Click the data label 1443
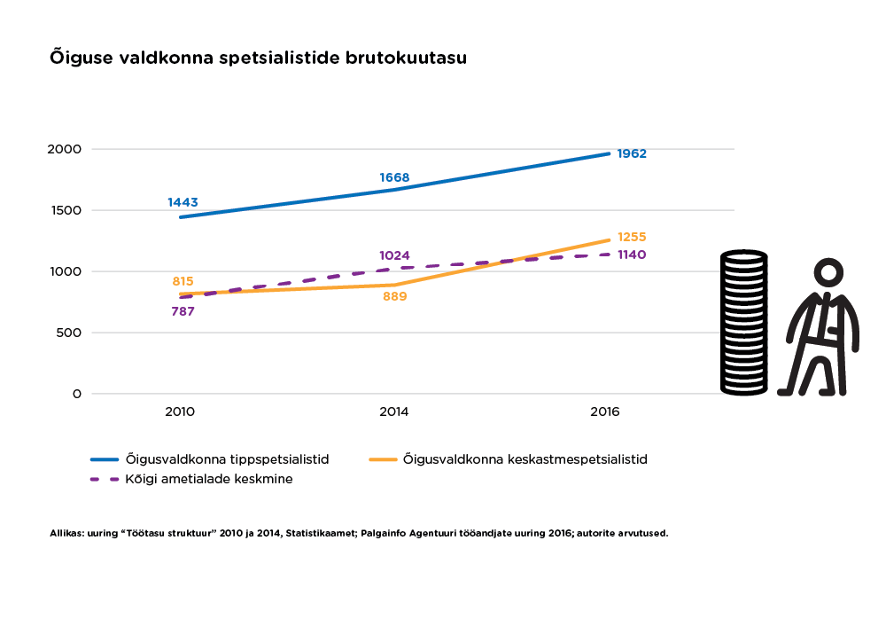click(183, 202)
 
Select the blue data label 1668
click(394, 177)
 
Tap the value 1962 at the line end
click(632, 153)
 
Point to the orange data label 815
click(183, 281)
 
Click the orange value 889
click(394, 296)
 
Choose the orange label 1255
click(632, 237)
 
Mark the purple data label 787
click(183, 311)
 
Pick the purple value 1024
click(394, 256)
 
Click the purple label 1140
click(632, 255)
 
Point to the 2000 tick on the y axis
click(65, 149)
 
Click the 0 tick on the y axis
click(77, 394)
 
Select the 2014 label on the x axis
click(394, 412)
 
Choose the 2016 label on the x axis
click(606, 412)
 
